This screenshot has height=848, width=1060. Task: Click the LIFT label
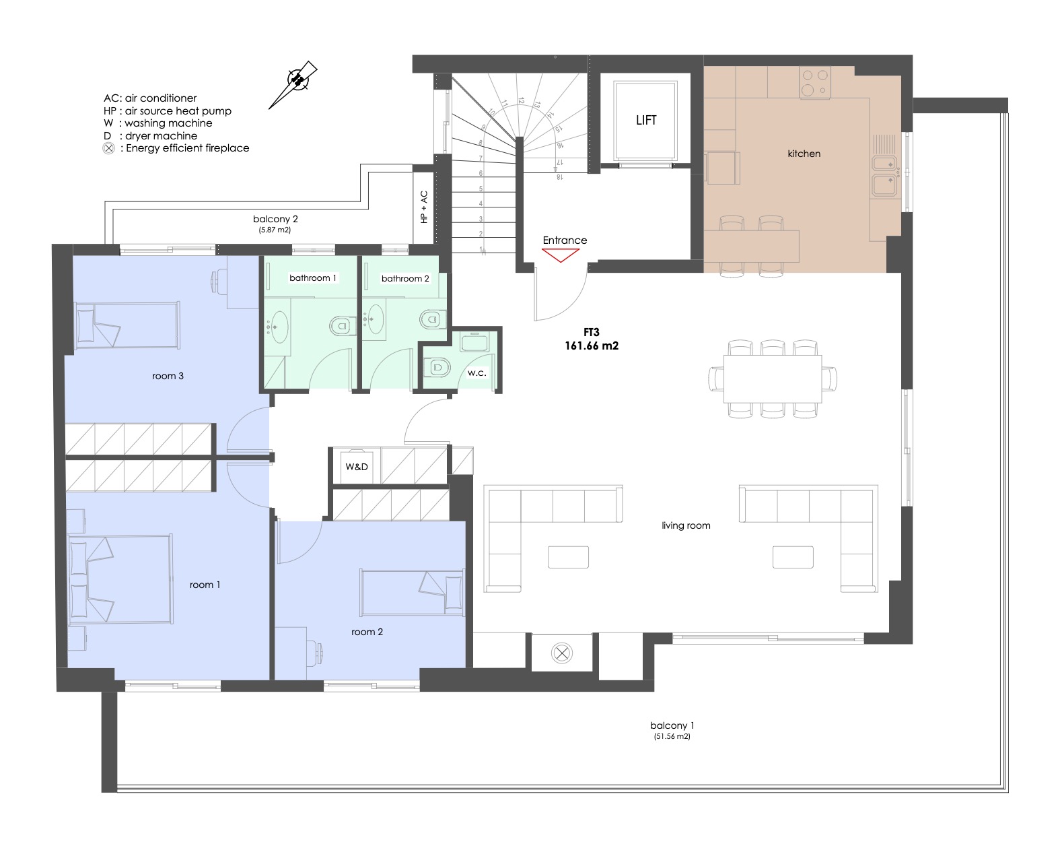[645, 120]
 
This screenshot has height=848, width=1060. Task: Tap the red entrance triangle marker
[560, 255]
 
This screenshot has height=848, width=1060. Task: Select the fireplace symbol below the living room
[561, 653]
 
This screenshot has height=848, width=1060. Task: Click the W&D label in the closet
[356, 466]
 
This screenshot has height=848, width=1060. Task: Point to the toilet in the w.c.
[436, 367]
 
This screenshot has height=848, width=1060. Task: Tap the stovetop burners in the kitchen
[815, 83]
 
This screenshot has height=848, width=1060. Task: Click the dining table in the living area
[772, 379]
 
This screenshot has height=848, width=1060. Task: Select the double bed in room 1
[120, 579]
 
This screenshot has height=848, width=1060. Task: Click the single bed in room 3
[127, 325]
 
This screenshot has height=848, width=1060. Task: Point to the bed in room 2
[412, 592]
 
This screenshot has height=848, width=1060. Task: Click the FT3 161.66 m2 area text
[591, 339]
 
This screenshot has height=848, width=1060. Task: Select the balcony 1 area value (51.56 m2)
[672, 737]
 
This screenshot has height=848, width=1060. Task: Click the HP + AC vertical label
[423, 207]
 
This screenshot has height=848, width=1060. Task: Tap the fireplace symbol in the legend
[108, 148]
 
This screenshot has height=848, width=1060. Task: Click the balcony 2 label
[275, 219]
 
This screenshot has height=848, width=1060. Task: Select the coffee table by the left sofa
[568, 557]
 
